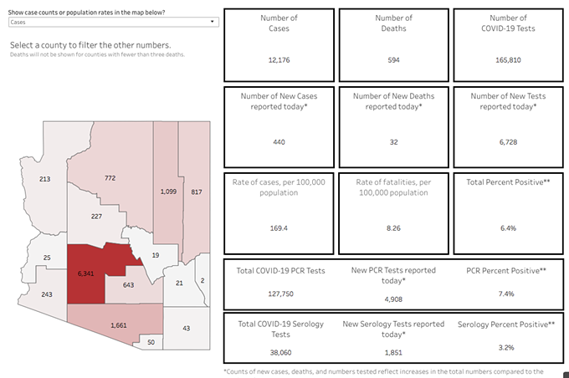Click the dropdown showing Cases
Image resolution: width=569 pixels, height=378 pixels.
pos(113,23)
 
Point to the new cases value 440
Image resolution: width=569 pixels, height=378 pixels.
pos(279,142)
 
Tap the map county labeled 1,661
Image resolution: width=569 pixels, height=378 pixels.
pos(119,324)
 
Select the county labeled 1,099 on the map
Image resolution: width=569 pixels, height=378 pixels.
pos(168,192)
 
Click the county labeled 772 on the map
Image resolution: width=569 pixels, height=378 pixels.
pos(110,178)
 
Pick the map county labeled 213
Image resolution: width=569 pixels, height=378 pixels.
pos(45,179)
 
